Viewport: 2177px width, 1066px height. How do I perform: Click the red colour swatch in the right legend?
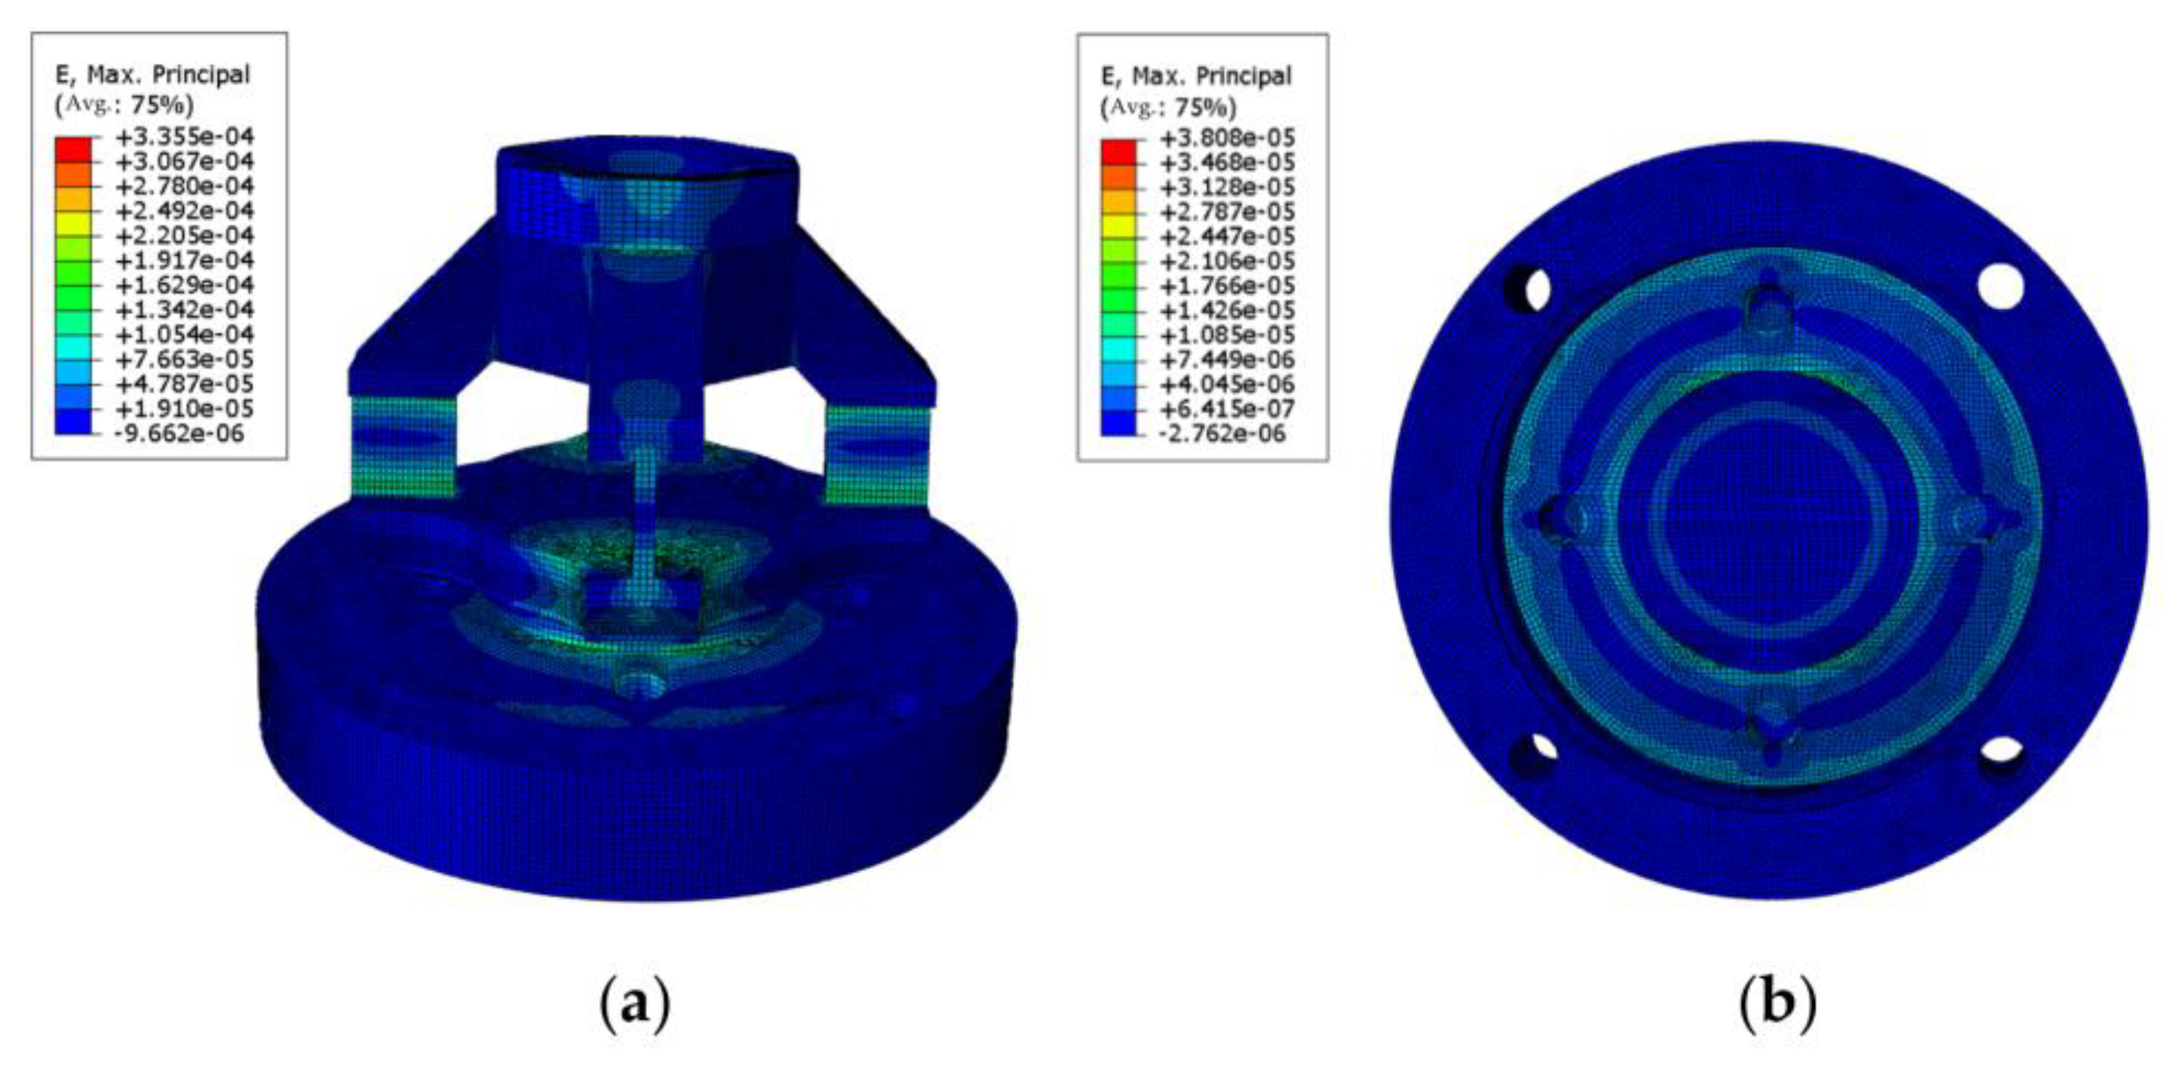click(x=1118, y=149)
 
